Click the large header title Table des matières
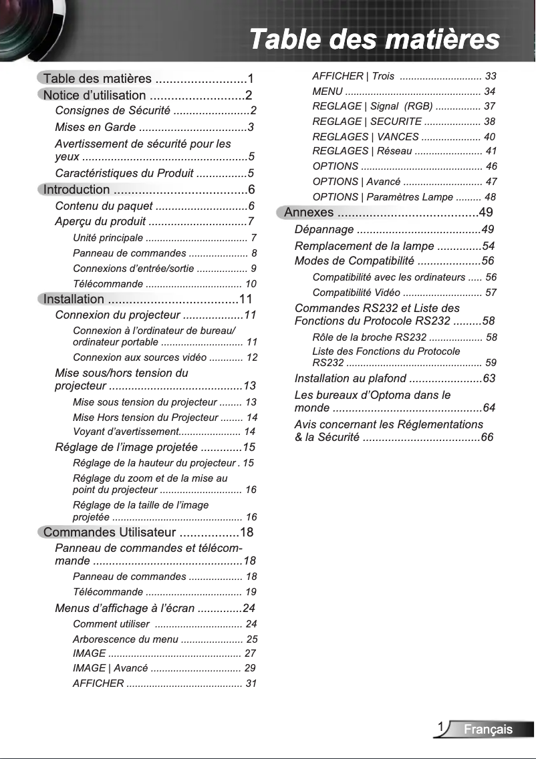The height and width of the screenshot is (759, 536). [x=374, y=39]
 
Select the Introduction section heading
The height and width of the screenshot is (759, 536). [x=76, y=190]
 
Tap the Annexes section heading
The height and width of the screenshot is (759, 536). [x=309, y=212]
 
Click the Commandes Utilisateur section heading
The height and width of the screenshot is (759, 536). [x=109, y=533]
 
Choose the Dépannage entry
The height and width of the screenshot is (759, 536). [x=324, y=230]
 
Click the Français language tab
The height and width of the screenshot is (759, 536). [x=489, y=730]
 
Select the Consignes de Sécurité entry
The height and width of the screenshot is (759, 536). [x=112, y=110]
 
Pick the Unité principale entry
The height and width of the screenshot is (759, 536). [x=108, y=238]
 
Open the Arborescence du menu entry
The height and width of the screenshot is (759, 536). [x=126, y=639]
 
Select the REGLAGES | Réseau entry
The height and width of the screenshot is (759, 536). [x=362, y=151]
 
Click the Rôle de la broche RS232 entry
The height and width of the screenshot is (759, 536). [x=370, y=337]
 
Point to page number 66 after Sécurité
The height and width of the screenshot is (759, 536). [x=487, y=438]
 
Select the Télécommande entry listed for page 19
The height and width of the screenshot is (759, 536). [x=108, y=592]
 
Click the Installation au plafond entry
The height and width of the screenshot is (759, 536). [x=350, y=379]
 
